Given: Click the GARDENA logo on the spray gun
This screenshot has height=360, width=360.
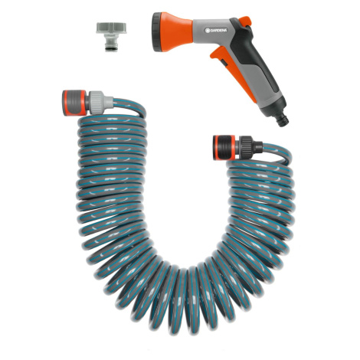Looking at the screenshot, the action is [216, 31].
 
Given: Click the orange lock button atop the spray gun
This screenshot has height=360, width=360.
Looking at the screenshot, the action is [245, 21].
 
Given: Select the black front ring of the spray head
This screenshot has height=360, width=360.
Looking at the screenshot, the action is [156, 31].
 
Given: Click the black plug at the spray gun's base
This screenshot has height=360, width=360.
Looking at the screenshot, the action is [283, 120].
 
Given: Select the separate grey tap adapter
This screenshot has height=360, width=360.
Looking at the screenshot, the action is [111, 37].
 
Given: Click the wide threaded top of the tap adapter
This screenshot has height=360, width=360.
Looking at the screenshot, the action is [111, 28].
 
